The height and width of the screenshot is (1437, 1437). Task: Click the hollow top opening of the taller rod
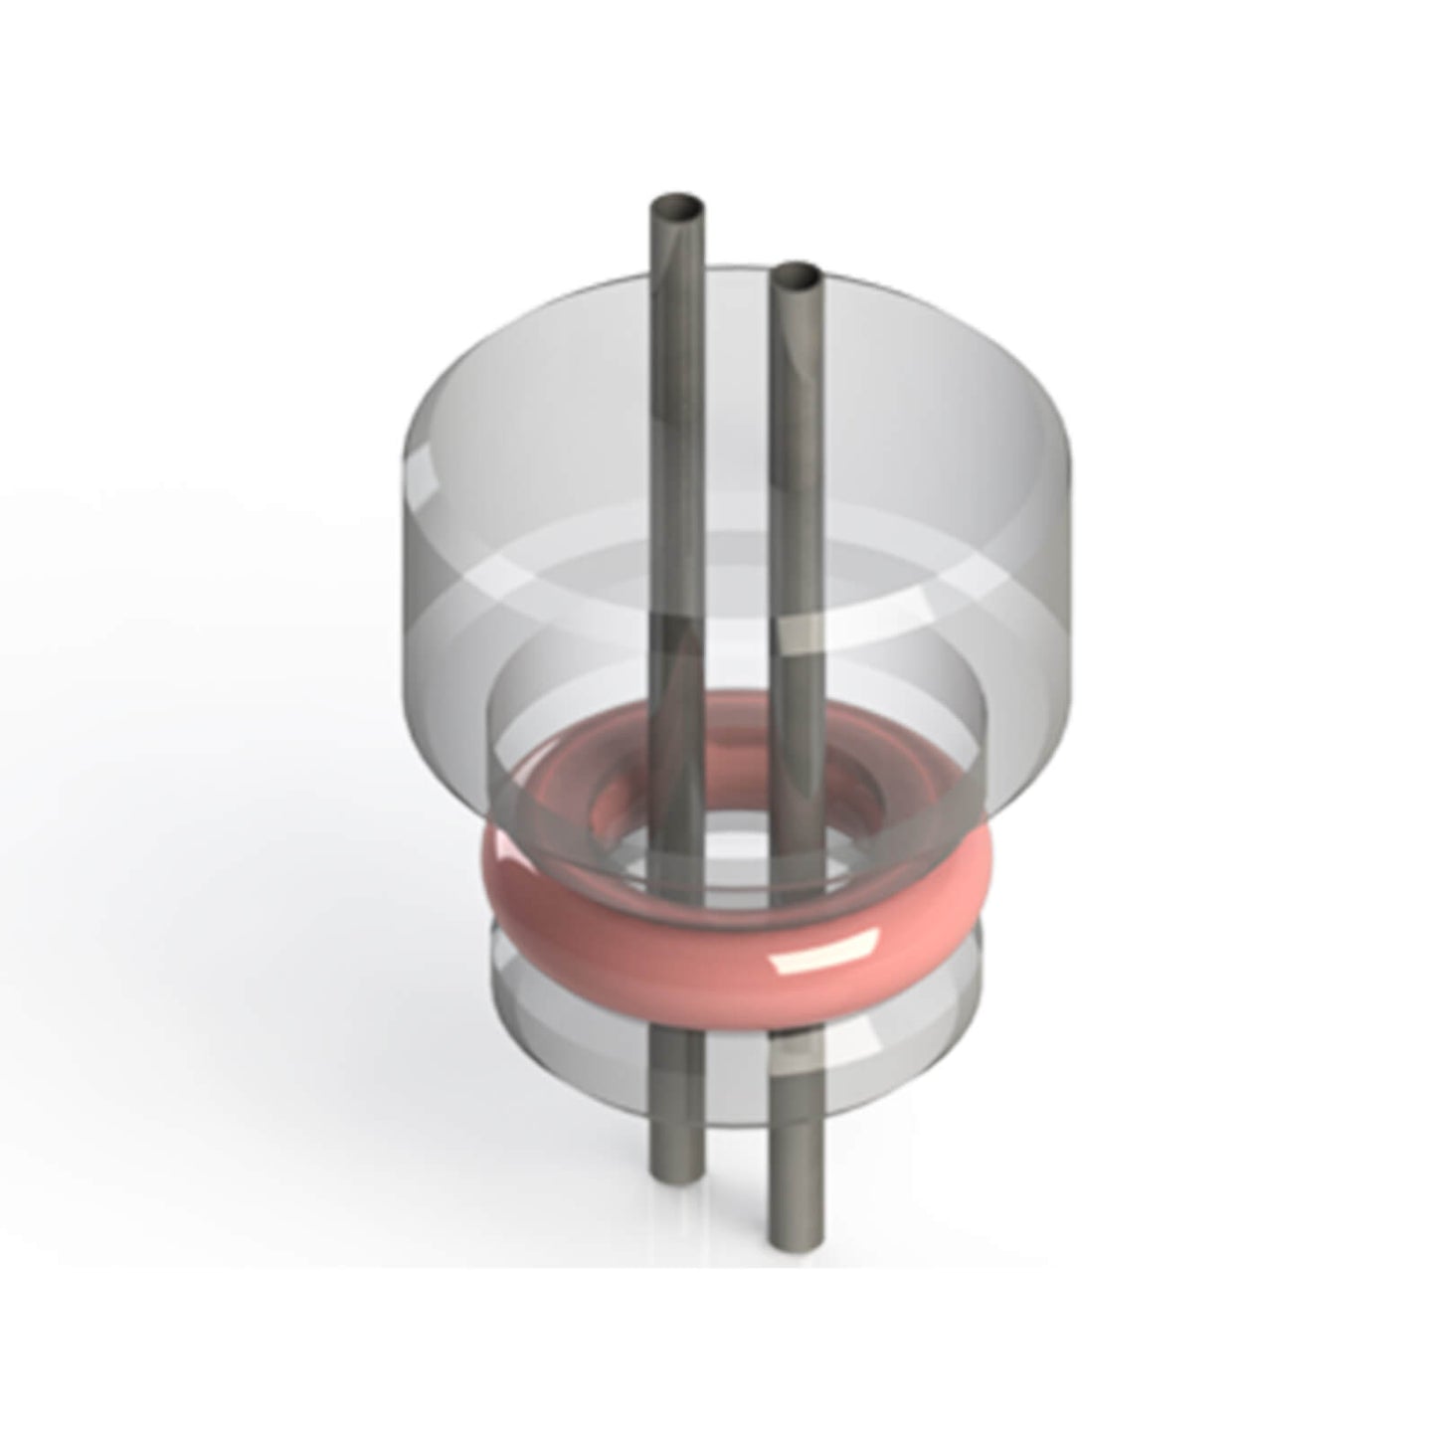point(676,210)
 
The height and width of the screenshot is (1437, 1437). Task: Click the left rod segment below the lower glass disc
point(677,1144)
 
